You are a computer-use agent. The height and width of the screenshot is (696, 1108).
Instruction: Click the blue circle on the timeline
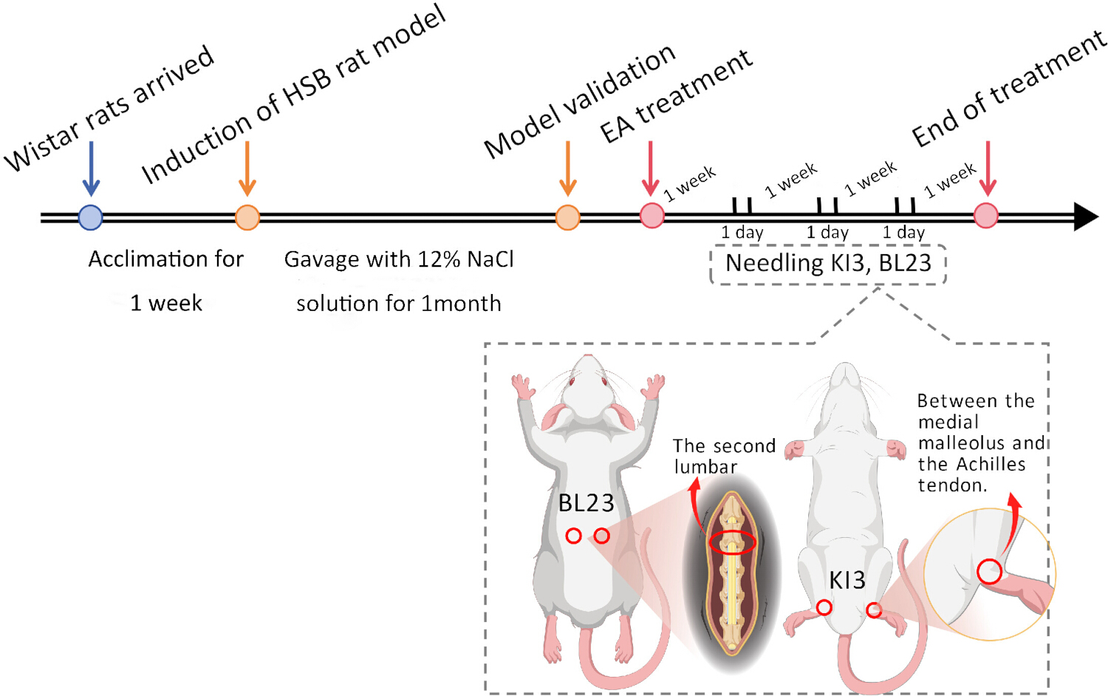[x=91, y=217]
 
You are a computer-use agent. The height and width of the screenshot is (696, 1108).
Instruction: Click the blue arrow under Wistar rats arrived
[x=91, y=168]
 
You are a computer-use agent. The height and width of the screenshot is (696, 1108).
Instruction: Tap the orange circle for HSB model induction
[x=247, y=218]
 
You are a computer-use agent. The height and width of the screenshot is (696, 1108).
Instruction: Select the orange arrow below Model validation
[x=568, y=168]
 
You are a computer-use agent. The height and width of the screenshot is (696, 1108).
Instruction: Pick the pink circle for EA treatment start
[x=652, y=216]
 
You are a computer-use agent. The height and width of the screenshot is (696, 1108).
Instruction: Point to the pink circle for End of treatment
[x=986, y=216]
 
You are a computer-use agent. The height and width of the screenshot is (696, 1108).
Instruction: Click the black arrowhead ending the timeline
[x=1087, y=216]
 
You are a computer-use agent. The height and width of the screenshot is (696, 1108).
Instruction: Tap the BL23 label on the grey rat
[x=587, y=503]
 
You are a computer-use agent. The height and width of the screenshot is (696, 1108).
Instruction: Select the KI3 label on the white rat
[x=847, y=580]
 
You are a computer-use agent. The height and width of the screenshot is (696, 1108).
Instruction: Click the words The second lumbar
[x=724, y=456]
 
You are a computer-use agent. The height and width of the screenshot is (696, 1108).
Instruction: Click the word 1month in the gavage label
[x=461, y=303]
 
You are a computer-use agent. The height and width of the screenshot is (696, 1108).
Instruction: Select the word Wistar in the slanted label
[x=43, y=147]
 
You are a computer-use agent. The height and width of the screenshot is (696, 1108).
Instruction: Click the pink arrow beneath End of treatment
[x=988, y=168]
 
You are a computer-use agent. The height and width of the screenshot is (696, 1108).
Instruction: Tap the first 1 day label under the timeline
[x=742, y=232]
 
